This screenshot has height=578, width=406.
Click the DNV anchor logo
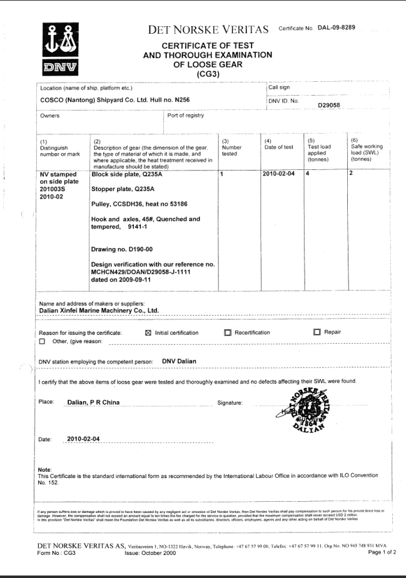[60, 48]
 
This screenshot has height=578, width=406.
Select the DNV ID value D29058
[328, 105]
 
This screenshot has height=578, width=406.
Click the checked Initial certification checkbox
[148, 332]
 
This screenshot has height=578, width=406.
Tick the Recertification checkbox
[228, 332]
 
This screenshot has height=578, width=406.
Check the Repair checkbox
[317, 332]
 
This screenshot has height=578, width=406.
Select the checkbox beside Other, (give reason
[42, 342]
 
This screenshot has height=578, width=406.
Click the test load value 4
[307, 174]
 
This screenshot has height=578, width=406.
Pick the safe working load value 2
[351, 174]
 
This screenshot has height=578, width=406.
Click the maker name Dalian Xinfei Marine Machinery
[99, 310]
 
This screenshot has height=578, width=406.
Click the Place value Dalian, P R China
[93, 403]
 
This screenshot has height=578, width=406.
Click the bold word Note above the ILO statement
[44, 469]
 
